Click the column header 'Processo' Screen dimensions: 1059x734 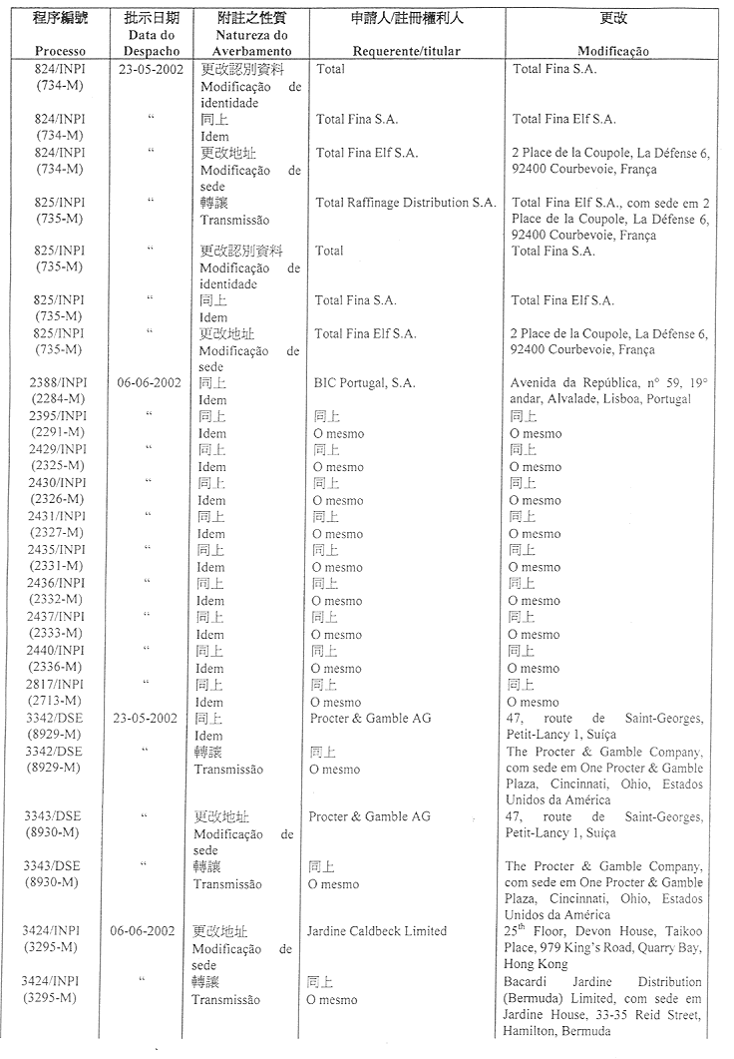60,51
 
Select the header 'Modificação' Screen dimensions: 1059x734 613,51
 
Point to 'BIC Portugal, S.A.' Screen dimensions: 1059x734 365,382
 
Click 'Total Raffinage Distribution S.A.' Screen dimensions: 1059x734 405,203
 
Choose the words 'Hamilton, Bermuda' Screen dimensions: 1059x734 556,1031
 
